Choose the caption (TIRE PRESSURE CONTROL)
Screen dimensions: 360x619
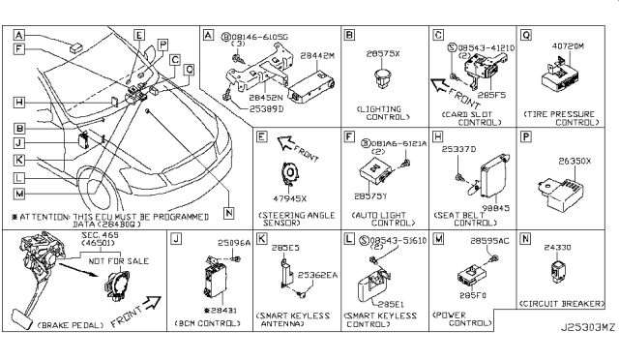pyautogui.click(x=568, y=116)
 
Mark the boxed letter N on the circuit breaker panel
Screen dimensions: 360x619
pyautogui.click(x=526, y=237)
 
